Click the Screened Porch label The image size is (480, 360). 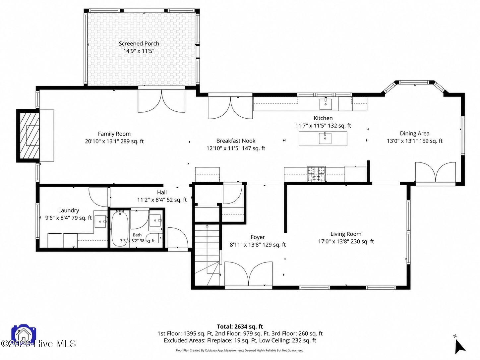[x=139, y=43]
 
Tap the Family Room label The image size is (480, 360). [x=114, y=134]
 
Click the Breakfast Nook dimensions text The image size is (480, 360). [x=236, y=148]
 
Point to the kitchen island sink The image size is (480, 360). [x=325, y=138]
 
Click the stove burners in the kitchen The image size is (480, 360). [x=316, y=174]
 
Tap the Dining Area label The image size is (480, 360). [x=415, y=133]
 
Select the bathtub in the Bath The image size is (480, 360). [x=120, y=229]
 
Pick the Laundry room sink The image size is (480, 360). [x=100, y=221]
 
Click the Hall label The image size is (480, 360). [x=162, y=192]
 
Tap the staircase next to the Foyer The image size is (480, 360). [x=207, y=255]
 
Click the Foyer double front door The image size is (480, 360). [x=248, y=274]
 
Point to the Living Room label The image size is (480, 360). [x=346, y=234]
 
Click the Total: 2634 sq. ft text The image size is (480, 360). [x=240, y=327]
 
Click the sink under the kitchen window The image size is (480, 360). [x=326, y=104]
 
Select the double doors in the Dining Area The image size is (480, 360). [x=435, y=173]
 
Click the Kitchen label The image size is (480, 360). [x=323, y=118]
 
